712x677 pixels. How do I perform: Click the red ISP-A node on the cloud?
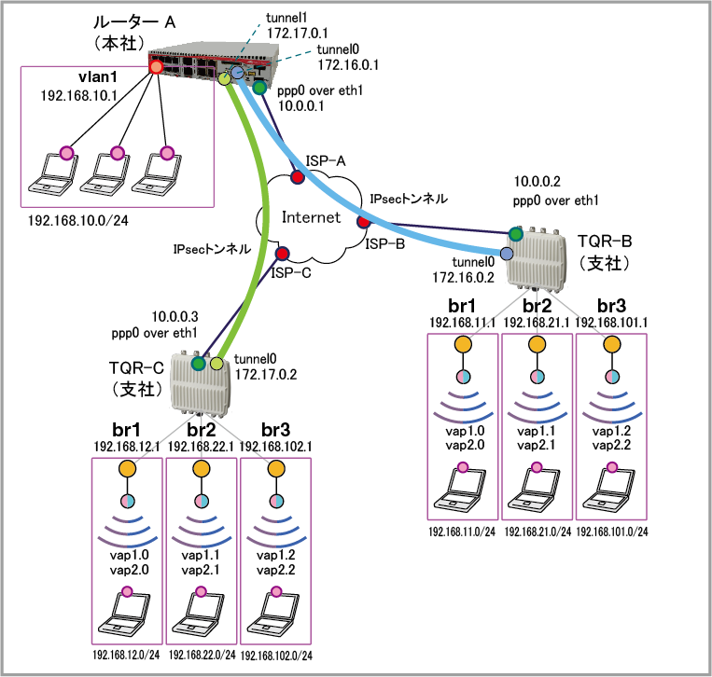[297, 177]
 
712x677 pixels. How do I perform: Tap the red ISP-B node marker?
[363, 222]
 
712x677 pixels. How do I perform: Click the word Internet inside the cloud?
[312, 216]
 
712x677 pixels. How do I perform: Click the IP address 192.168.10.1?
[77, 95]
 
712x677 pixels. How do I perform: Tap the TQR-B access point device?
[537, 258]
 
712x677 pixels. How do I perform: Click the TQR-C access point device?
[201, 386]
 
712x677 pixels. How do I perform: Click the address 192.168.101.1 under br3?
[612, 322]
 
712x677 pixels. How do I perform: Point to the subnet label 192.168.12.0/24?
[127, 656]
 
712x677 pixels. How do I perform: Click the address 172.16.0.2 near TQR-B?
[462, 277]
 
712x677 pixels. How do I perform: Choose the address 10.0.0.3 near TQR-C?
[175, 317]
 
